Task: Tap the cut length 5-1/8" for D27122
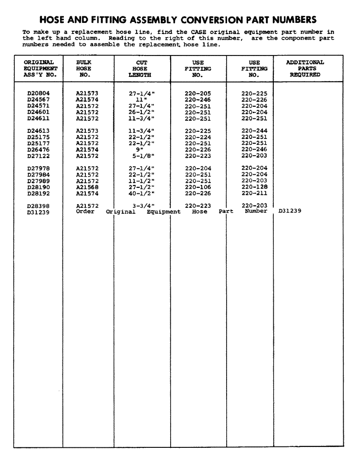pos(142,156)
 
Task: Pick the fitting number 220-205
pos(198,93)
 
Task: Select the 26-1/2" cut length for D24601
pos(142,112)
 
